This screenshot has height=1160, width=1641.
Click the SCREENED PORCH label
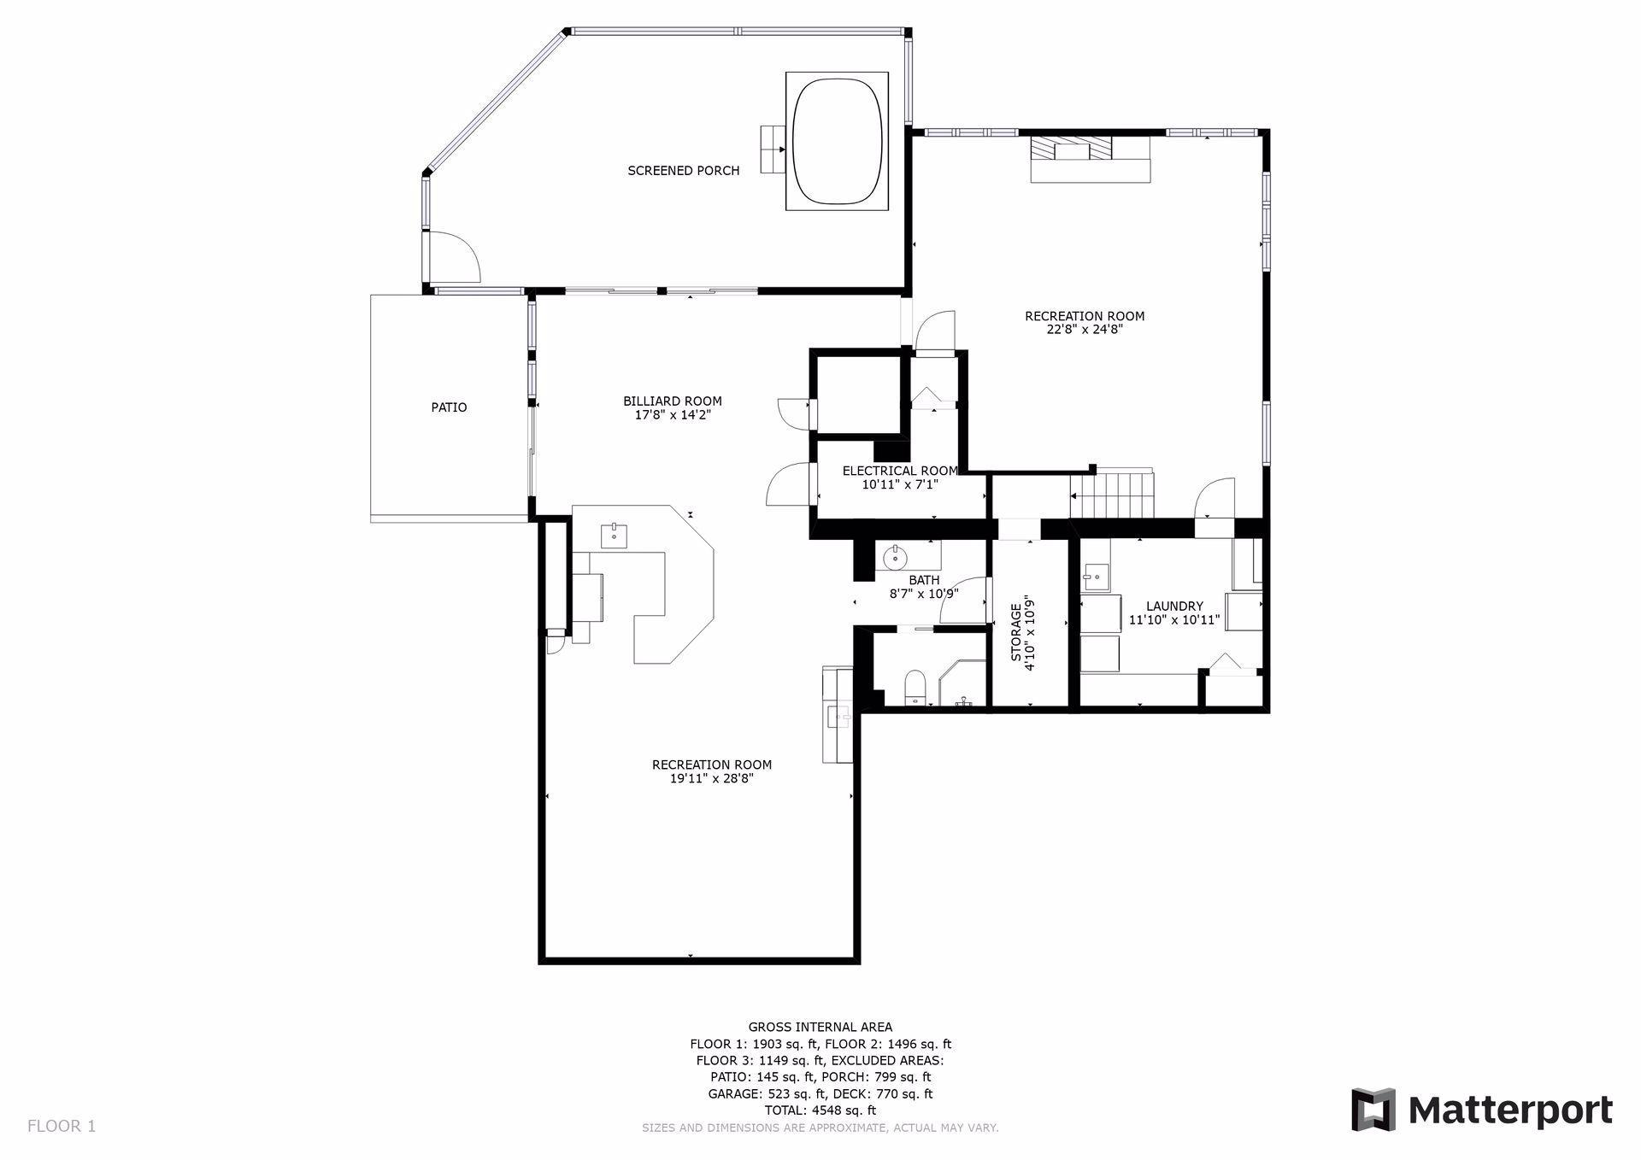(684, 171)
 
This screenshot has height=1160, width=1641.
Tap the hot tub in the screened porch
(838, 141)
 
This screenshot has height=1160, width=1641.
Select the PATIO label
(449, 407)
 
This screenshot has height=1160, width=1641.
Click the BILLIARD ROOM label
(673, 401)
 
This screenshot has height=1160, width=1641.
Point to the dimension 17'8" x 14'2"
(673, 415)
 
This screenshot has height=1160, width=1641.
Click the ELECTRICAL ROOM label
(900, 471)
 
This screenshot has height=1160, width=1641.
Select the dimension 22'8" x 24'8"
(1085, 330)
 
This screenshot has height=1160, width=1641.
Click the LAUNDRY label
(1174, 606)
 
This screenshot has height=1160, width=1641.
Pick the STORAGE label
(1016, 633)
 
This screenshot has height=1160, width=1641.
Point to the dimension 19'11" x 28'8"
(712, 779)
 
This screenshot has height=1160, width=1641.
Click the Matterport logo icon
(1373, 1110)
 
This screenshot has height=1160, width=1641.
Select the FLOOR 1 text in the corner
(62, 1126)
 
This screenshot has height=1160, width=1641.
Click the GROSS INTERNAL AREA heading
(820, 1028)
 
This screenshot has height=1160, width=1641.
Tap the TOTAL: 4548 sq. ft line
(820, 1110)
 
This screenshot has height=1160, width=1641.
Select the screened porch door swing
(455, 257)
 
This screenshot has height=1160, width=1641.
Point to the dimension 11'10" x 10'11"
(1174, 620)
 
